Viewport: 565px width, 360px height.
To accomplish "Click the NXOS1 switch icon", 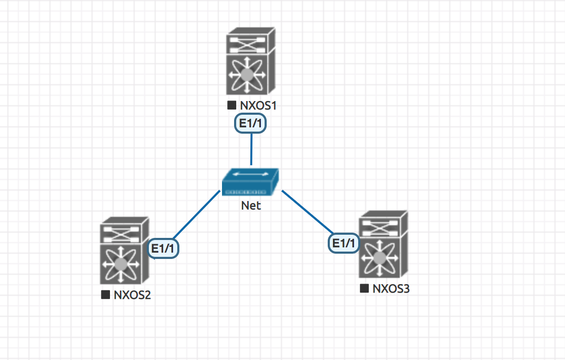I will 251,62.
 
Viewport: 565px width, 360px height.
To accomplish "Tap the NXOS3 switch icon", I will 382,245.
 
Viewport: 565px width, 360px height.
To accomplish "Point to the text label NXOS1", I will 258,105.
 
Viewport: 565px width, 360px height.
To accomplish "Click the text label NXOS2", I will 132,295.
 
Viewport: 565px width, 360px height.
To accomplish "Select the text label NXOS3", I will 391,288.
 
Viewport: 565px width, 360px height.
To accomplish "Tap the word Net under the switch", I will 251,206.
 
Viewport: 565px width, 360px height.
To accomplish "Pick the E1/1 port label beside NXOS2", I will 164,248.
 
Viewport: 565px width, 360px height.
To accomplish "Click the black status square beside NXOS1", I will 231,105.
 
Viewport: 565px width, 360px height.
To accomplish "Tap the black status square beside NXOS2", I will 105,295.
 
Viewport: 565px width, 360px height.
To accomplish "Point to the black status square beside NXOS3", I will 364,288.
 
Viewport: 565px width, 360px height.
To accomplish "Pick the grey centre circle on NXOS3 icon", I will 378,258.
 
